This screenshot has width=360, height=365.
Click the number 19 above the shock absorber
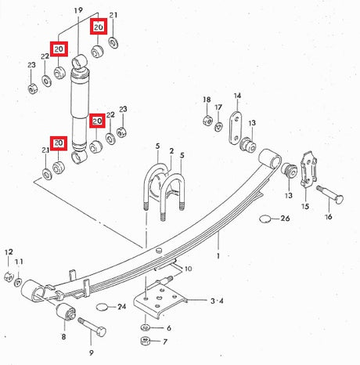click(x=78, y=10)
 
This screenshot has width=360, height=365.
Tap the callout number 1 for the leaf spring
click(x=218, y=256)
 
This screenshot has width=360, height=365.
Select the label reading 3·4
click(x=217, y=301)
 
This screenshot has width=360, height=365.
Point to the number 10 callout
click(x=189, y=269)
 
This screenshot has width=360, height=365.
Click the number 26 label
click(x=285, y=219)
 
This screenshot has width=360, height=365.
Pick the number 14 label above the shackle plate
click(x=237, y=96)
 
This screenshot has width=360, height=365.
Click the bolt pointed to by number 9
click(x=92, y=327)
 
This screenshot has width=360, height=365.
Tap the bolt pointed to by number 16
click(x=330, y=195)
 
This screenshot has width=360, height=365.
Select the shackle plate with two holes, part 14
click(x=236, y=128)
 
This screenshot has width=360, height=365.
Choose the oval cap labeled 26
click(x=265, y=219)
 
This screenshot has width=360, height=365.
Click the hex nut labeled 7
click(x=145, y=341)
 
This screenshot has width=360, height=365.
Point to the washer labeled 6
click(x=146, y=327)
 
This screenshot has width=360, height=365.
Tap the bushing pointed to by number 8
click(x=66, y=312)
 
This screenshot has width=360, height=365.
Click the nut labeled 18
click(x=207, y=120)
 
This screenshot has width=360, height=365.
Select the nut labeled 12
click(x=9, y=276)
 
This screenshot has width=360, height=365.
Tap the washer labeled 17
click(x=218, y=127)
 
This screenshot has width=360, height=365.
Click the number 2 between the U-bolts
click(x=171, y=151)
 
